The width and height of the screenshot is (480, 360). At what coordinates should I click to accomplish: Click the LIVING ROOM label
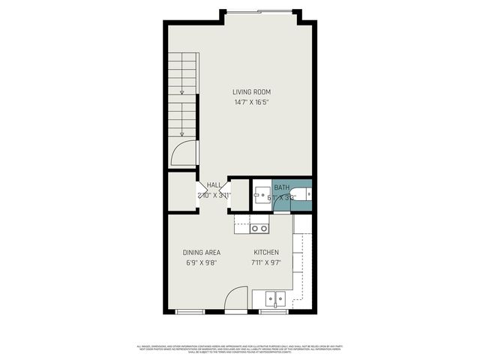251,92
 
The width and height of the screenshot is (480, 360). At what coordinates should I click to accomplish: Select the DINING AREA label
202,252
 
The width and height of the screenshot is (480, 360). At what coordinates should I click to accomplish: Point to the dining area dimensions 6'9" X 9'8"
202,264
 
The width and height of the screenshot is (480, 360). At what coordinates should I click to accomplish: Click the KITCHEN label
266,252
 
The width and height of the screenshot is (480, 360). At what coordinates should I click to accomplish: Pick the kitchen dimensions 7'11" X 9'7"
266,264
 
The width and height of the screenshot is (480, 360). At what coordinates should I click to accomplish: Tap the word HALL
214,185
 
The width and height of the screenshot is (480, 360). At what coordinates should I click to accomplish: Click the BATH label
281,187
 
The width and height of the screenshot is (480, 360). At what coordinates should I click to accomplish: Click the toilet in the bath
305,195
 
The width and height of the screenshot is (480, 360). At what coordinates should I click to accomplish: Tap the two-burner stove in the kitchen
259,228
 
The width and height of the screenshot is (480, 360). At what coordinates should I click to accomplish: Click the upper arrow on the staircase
181,92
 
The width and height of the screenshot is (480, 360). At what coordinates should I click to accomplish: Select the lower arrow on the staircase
181,133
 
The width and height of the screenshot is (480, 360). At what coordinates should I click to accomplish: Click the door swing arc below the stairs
184,153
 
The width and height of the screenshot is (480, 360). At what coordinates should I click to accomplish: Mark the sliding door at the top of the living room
259,11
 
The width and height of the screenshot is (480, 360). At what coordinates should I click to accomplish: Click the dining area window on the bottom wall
190,310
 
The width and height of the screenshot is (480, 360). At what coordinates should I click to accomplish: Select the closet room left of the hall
181,192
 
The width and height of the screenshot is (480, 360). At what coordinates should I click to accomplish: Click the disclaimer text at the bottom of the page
239,348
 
